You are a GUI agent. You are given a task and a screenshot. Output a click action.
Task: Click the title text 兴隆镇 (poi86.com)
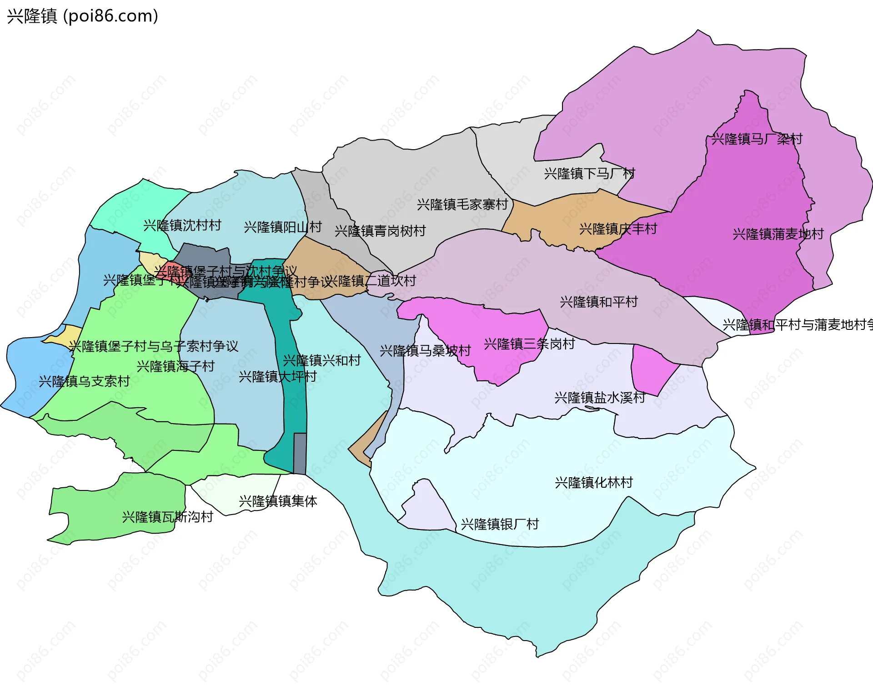(82, 16)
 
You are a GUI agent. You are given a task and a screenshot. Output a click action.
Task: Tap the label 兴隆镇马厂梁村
(757, 139)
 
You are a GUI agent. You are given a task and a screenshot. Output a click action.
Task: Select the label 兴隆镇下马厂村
(589, 173)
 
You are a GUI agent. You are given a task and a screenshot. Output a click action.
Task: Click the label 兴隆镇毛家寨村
(462, 204)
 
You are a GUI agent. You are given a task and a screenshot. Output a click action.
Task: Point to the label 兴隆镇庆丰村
(618, 228)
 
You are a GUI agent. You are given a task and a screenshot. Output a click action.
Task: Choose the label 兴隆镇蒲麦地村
(778, 234)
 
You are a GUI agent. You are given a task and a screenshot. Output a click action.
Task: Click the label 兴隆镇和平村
(599, 302)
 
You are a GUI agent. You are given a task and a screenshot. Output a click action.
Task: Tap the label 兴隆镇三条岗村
(529, 343)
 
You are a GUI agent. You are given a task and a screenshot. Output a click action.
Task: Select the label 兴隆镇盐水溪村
(600, 398)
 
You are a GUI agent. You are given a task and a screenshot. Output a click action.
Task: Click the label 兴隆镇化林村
(594, 482)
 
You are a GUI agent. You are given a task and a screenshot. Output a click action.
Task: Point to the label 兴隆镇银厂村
(500, 524)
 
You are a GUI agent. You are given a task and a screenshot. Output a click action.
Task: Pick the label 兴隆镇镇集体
(278, 501)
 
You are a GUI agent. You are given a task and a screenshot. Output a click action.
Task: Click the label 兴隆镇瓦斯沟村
(167, 517)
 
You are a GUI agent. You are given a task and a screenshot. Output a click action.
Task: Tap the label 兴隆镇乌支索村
(84, 381)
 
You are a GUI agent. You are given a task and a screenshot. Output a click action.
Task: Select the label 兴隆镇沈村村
(182, 225)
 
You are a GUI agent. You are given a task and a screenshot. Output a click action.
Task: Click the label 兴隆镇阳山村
(282, 227)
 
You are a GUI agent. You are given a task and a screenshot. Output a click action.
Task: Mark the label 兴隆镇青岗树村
(380, 231)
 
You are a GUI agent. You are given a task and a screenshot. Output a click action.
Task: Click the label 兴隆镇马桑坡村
(425, 350)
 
